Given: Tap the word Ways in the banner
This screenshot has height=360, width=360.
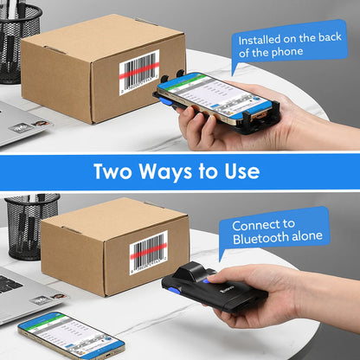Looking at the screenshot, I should tap(173, 170).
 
